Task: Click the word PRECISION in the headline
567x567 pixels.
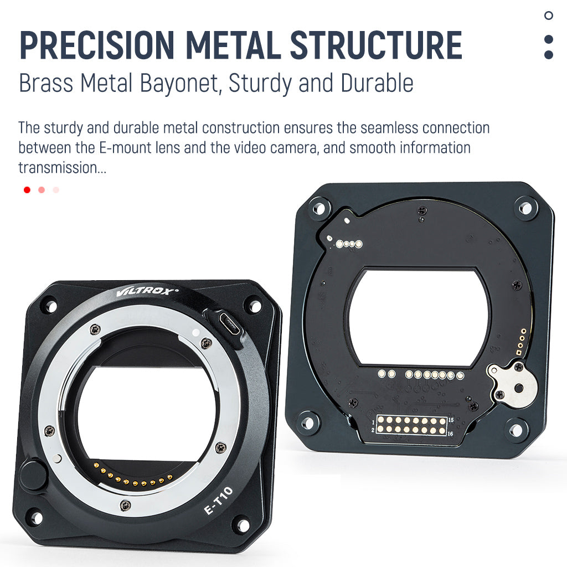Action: coord(97,45)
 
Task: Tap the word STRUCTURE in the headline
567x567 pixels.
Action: coord(377,45)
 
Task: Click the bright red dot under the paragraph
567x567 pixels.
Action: coord(27,190)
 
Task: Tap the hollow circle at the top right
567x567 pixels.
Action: coord(549,15)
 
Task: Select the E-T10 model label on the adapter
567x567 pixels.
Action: coord(218,500)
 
